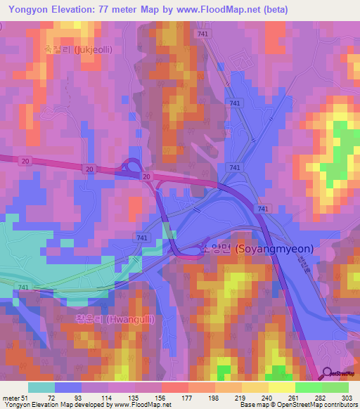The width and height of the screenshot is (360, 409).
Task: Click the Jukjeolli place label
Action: [78, 50]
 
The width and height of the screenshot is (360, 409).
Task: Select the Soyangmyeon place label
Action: [257, 249]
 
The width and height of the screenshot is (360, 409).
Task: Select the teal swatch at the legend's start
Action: [41, 387]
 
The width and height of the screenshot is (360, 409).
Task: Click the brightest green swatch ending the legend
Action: [335, 387]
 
